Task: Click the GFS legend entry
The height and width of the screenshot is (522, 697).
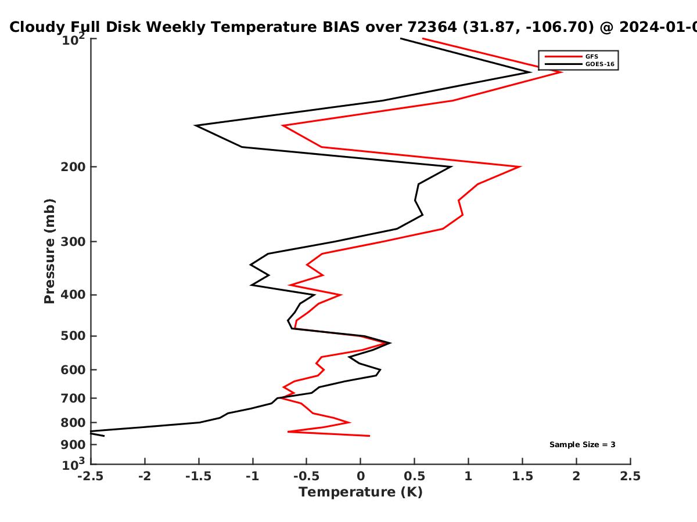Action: pyautogui.click(x=572, y=57)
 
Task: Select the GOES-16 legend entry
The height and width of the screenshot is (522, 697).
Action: pyautogui.click(x=580, y=64)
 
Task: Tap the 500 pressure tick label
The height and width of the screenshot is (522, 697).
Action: pyautogui.click(x=73, y=336)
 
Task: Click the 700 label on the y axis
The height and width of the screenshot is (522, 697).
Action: pyautogui.click(x=73, y=398)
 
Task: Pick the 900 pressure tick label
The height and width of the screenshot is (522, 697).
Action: pyautogui.click(x=73, y=445)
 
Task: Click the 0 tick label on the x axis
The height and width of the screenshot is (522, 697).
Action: pyautogui.click(x=361, y=476)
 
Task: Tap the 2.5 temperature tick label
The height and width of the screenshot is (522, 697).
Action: pyautogui.click(x=630, y=476)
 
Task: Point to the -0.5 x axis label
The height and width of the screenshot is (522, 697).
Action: pyautogui.click(x=307, y=476)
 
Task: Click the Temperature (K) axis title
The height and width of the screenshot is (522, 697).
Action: pyautogui.click(x=361, y=492)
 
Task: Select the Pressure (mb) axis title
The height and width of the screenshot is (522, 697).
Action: pyautogui.click(x=49, y=251)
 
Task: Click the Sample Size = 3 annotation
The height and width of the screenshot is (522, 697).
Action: pyautogui.click(x=583, y=445)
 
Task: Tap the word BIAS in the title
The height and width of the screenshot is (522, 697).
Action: pyautogui.click(x=341, y=27)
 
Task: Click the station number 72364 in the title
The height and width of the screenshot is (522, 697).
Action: pyautogui.click(x=432, y=27)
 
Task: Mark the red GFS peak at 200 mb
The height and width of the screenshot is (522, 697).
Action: pyautogui.click(x=520, y=166)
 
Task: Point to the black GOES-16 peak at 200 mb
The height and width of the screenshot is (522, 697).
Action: pyautogui.click(x=451, y=166)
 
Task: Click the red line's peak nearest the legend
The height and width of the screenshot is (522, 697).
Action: pyautogui.click(x=562, y=72)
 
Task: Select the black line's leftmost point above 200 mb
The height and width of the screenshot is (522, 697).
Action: pyautogui.click(x=196, y=125)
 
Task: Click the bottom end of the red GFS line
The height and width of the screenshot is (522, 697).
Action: pyautogui.click(x=369, y=436)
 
